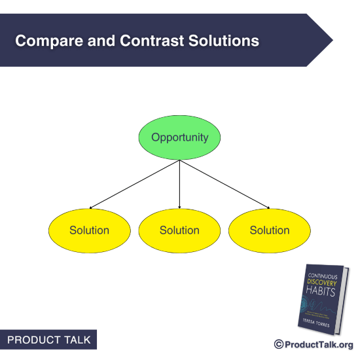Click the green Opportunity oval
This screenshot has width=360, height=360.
(x=179, y=137)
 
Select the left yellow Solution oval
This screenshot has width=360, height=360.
(x=89, y=230)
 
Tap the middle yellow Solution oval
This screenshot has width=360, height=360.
(x=179, y=230)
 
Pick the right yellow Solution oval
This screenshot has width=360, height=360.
(x=269, y=230)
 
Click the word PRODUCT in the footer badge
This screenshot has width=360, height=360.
(x=34, y=340)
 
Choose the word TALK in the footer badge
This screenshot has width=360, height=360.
(x=77, y=340)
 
